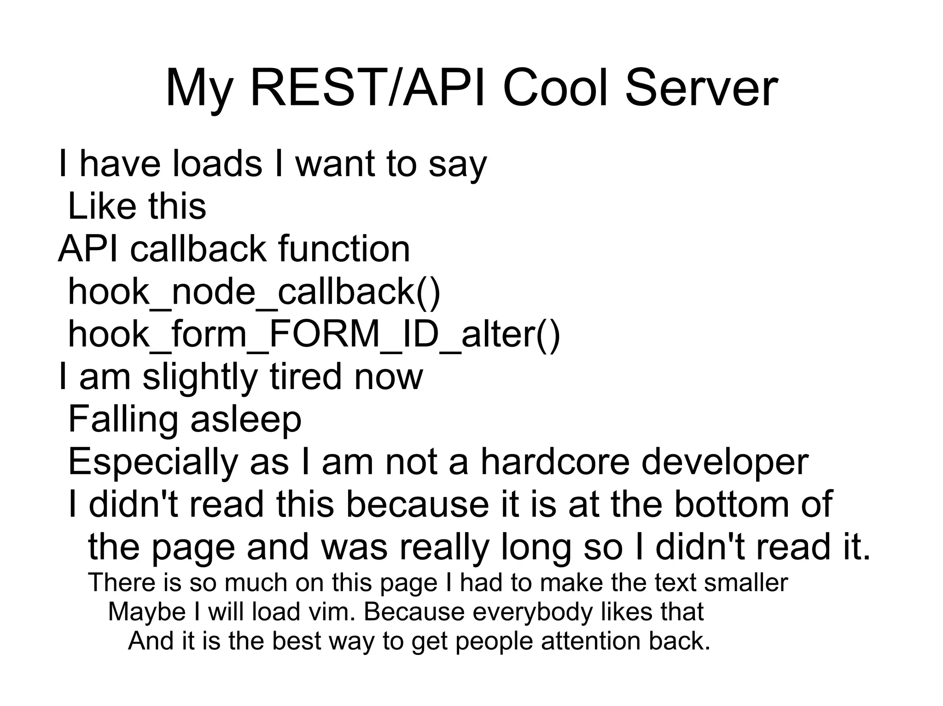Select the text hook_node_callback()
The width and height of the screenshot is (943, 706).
click(x=254, y=292)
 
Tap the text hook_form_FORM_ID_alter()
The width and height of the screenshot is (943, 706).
click(x=314, y=334)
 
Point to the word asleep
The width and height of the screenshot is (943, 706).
click(x=246, y=420)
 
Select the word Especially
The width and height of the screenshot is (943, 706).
click(x=152, y=462)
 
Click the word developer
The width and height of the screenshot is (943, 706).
click(x=725, y=462)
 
